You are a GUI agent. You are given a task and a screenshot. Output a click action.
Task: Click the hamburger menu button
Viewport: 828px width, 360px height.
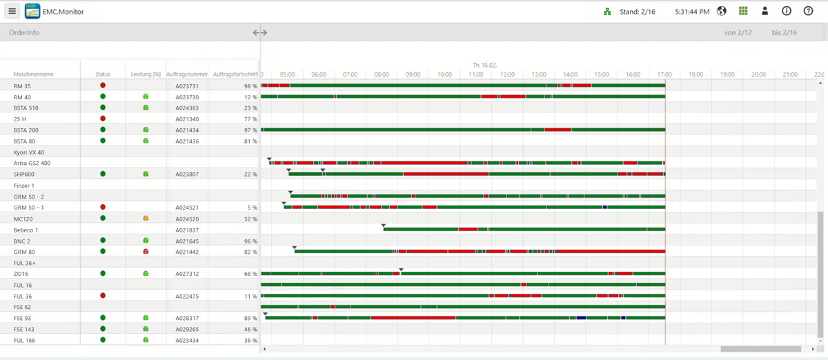[12, 11]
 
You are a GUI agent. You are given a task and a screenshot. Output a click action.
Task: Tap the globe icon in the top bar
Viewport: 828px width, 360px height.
[722, 11]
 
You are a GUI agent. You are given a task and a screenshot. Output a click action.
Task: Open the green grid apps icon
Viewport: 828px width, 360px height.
[743, 11]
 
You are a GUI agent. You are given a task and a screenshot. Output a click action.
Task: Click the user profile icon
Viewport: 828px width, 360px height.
[765, 11]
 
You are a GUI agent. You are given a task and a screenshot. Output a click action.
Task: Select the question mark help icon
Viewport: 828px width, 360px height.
[808, 11]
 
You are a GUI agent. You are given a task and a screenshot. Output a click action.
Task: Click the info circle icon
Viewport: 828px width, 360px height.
[787, 11]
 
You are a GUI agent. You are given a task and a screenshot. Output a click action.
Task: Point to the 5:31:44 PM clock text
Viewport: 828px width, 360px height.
[692, 12]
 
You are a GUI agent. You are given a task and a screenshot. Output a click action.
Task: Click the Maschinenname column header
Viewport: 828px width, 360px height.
[33, 74]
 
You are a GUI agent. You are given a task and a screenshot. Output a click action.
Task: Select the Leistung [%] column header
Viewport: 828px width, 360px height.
[146, 74]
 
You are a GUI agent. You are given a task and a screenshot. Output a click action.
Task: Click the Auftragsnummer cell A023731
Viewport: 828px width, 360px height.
[187, 86]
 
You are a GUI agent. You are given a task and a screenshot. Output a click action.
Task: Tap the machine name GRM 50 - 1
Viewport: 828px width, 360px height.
[29, 208]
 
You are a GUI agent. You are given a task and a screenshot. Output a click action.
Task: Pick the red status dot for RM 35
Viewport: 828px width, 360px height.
[103, 86]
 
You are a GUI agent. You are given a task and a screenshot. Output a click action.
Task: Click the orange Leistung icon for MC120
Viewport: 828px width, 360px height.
[146, 219]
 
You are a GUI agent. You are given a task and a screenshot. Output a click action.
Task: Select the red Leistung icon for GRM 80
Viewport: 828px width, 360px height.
[146, 252]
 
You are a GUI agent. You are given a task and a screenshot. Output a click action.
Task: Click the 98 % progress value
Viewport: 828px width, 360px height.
[250, 86]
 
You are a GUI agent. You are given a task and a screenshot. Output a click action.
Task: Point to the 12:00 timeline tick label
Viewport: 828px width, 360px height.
[507, 74]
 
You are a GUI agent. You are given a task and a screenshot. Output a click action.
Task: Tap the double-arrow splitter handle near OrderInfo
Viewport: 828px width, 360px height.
[259, 32]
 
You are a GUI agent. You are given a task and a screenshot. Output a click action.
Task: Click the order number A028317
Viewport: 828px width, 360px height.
[187, 319]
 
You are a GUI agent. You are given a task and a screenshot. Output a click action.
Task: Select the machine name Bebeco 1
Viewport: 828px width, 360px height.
[26, 230]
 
